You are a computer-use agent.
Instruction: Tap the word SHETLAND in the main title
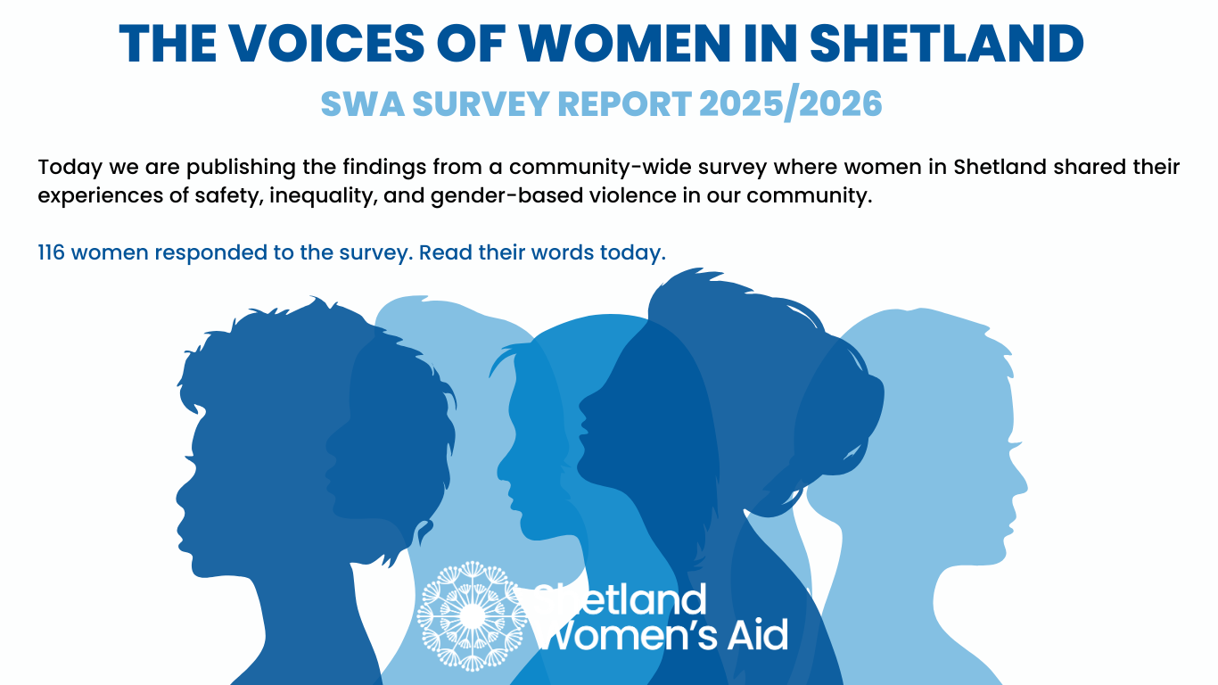(947, 44)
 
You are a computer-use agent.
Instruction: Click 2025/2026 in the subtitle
(790, 104)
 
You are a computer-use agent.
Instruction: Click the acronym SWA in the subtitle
(363, 104)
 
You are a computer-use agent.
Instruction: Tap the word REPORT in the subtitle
(624, 104)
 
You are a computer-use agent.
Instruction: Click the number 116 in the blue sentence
(51, 252)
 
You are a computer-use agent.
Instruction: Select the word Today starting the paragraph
(70, 168)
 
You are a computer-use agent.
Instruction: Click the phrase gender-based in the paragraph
(506, 196)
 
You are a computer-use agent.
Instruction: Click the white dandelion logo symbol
(472, 616)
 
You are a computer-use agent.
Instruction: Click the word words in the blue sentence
(563, 252)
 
